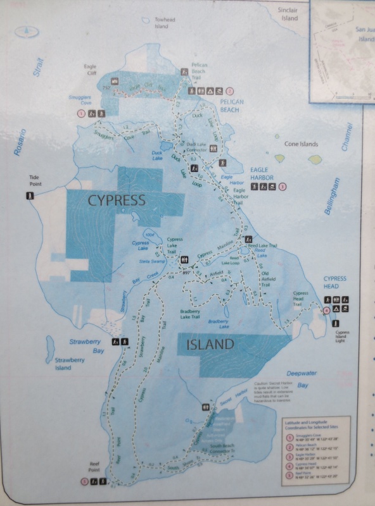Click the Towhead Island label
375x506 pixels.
162,23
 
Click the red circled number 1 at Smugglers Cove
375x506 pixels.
80,113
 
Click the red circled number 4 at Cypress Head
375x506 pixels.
326,310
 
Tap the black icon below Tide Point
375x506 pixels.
29,196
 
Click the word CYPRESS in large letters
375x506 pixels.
116,201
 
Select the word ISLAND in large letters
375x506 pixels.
211,345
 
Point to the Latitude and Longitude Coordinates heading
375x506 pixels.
314,424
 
